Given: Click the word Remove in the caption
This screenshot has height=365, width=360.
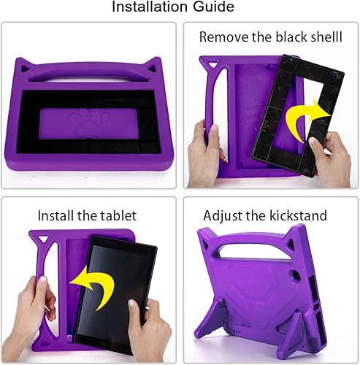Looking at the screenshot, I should coord(224,37).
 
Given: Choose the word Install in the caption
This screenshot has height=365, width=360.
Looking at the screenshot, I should coord(58,215).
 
